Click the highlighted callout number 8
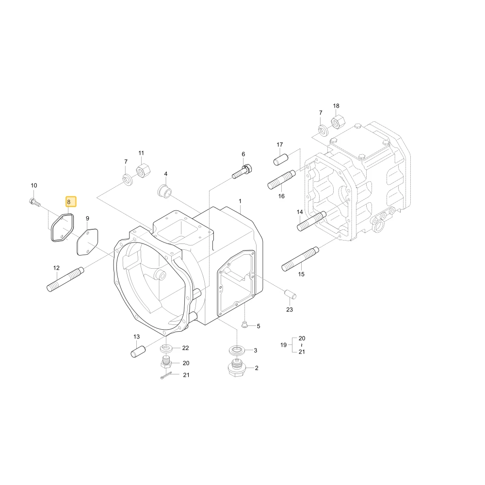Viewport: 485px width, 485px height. click(x=69, y=202)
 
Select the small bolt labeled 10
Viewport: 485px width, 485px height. click(x=35, y=203)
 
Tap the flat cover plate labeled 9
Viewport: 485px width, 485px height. click(x=87, y=242)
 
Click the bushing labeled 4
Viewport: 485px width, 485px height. click(x=165, y=191)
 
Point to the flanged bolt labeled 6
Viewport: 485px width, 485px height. click(x=242, y=172)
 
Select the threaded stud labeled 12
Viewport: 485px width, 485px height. click(x=65, y=279)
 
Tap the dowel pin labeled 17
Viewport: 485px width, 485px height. click(x=281, y=160)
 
